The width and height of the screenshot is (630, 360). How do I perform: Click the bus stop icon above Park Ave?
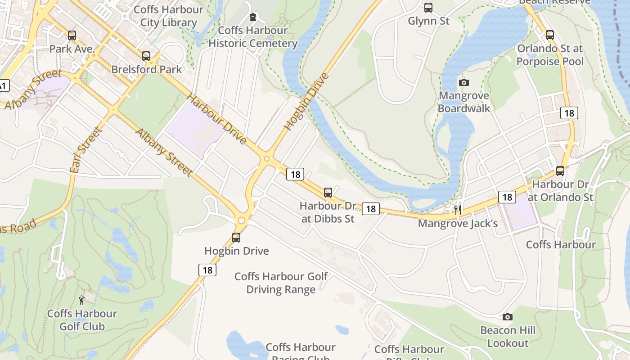tap(72, 36)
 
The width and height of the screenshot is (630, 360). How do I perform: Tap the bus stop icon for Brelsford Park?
tap(146, 56)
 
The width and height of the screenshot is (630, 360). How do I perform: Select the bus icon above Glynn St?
tap(428, 8)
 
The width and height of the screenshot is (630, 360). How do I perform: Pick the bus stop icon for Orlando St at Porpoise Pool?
tap(550, 35)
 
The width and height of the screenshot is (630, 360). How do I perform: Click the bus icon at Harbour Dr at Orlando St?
tap(560, 171)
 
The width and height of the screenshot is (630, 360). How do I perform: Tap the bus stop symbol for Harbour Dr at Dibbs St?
tap(328, 193)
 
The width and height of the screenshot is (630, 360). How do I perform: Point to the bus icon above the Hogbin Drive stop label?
tap(236, 238)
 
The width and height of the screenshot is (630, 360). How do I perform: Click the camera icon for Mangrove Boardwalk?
tap(464, 82)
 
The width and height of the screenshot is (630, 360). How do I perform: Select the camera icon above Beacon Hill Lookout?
tap(508, 317)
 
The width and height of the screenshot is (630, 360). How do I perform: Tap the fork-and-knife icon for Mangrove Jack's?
tap(458, 210)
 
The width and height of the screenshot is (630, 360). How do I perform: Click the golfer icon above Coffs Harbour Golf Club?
tap(81, 300)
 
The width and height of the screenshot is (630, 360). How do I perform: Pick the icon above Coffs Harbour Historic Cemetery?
tap(253, 18)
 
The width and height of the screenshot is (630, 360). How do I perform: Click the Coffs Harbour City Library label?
tap(169, 16)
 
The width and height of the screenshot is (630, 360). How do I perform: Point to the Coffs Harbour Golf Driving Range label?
tap(281, 283)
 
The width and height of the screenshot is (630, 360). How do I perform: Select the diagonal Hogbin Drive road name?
tap(307, 101)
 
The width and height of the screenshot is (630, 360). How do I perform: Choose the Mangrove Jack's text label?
tap(458, 223)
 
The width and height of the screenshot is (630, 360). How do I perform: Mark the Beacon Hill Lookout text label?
tap(508, 337)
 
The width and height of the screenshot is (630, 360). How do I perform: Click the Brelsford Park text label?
tap(146, 69)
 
